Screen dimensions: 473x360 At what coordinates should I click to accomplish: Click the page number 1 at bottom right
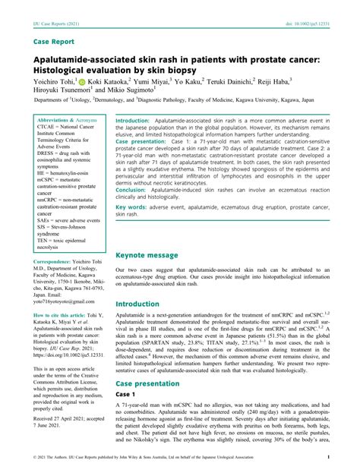pyautogui.click(x=327, y=458)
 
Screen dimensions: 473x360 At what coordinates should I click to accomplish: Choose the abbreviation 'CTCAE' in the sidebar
pyautogui.click(x=48, y=128)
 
